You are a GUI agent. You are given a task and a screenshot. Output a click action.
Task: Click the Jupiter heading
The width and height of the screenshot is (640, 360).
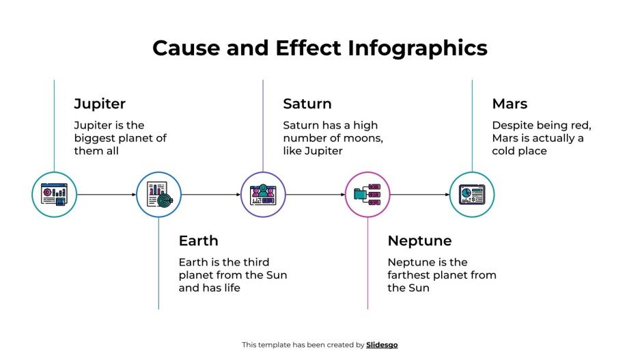point(100,105)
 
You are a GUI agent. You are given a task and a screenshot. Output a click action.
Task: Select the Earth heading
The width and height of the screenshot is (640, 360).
point(198,241)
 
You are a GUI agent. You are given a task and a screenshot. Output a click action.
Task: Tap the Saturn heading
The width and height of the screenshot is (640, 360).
point(307,105)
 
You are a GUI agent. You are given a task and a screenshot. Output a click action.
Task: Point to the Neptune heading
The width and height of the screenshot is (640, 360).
point(419,241)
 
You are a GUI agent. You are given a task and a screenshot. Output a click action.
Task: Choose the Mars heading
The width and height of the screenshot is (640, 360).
point(510,105)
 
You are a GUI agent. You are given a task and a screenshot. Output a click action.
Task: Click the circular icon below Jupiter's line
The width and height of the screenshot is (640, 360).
point(55,195)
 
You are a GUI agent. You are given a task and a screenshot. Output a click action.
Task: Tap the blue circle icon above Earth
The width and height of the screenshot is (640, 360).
point(159,195)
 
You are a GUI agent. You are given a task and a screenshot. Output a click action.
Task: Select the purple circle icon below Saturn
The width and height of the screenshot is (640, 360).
point(263,195)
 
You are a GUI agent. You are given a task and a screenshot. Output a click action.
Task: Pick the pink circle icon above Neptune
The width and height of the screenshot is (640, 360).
point(367,195)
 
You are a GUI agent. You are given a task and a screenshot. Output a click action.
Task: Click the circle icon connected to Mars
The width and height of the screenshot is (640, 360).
point(472,195)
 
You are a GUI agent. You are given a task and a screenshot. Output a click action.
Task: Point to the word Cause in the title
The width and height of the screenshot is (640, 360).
point(179,49)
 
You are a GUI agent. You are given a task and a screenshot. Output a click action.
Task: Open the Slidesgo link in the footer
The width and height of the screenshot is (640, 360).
point(382,345)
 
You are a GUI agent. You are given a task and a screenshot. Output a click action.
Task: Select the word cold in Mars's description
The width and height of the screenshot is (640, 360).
point(506,151)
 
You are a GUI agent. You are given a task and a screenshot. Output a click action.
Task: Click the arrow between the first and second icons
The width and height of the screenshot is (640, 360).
point(107,195)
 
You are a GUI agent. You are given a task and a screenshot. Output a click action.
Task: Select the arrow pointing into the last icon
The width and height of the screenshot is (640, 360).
point(419,195)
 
